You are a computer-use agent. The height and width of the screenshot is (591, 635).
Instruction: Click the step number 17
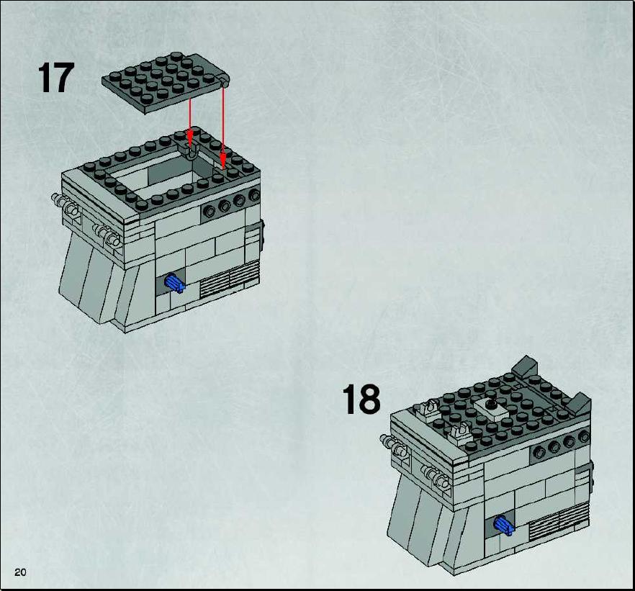tap(56, 78)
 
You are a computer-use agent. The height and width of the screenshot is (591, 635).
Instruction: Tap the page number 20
tap(20, 572)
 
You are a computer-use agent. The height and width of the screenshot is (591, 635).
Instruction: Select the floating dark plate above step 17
tap(166, 82)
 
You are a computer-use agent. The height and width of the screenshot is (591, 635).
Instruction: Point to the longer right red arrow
tap(222, 123)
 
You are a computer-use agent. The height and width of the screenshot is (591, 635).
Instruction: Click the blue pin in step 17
tap(175, 283)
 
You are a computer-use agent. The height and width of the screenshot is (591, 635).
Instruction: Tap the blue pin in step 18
tap(504, 526)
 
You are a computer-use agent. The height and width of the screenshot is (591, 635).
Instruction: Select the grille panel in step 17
tap(230, 279)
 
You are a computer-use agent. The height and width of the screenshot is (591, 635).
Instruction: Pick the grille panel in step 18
tap(559, 522)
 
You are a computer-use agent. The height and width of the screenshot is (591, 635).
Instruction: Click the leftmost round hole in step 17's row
tap(209, 211)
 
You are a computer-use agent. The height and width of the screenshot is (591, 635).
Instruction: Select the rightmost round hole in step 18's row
tap(584, 437)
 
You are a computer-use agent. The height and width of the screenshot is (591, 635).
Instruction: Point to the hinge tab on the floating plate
tap(224, 80)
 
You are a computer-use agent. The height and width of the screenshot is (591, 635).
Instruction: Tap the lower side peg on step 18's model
tap(436, 477)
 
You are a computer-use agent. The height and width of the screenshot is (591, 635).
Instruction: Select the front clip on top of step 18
tap(459, 433)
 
